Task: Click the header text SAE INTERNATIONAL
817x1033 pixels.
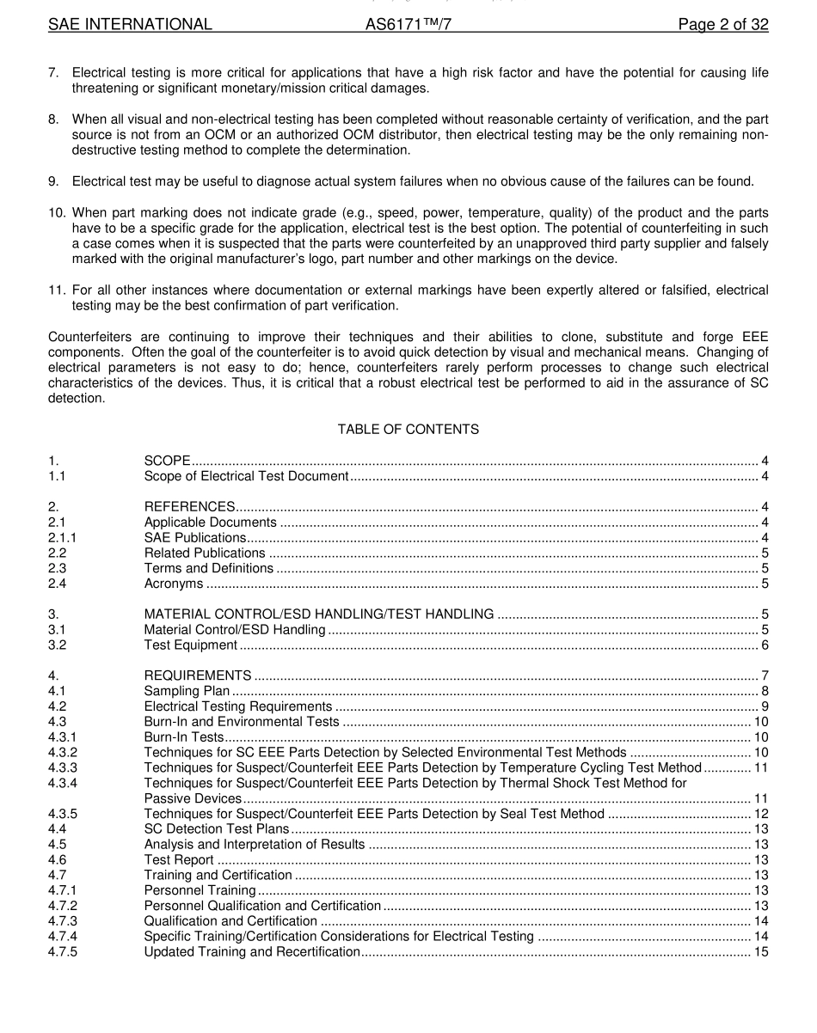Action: (x=130, y=25)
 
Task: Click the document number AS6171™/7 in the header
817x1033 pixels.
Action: (x=408, y=25)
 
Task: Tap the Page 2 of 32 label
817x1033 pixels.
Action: (x=722, y=25)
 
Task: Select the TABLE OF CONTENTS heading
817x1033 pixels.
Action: (x=408, y=429)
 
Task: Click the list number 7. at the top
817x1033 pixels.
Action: (x=53, y=73)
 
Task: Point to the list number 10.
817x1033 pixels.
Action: (x=57, y=212)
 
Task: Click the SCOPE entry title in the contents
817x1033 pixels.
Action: (x=167, y=461)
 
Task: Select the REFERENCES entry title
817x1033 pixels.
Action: (x=189, y=507)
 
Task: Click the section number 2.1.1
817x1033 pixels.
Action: (x=62, y=538)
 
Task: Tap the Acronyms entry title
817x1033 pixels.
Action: (x=174, y=584)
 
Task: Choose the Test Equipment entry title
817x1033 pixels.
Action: (x=190, y=645)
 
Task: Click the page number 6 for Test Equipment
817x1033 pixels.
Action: (x=765, y=645)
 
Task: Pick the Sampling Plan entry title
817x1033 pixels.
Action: (x=187, y=691)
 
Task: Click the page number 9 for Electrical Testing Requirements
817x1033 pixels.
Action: (x=765, y=706)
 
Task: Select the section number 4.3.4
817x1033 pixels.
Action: (x=62, y=783)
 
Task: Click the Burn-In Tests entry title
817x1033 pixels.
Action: (x=183, y=737)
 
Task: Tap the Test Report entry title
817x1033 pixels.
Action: (x=179, y=860)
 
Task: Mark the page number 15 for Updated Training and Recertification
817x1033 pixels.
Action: (x=761, y=952)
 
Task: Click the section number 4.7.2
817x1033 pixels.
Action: (x=62, y=906)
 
